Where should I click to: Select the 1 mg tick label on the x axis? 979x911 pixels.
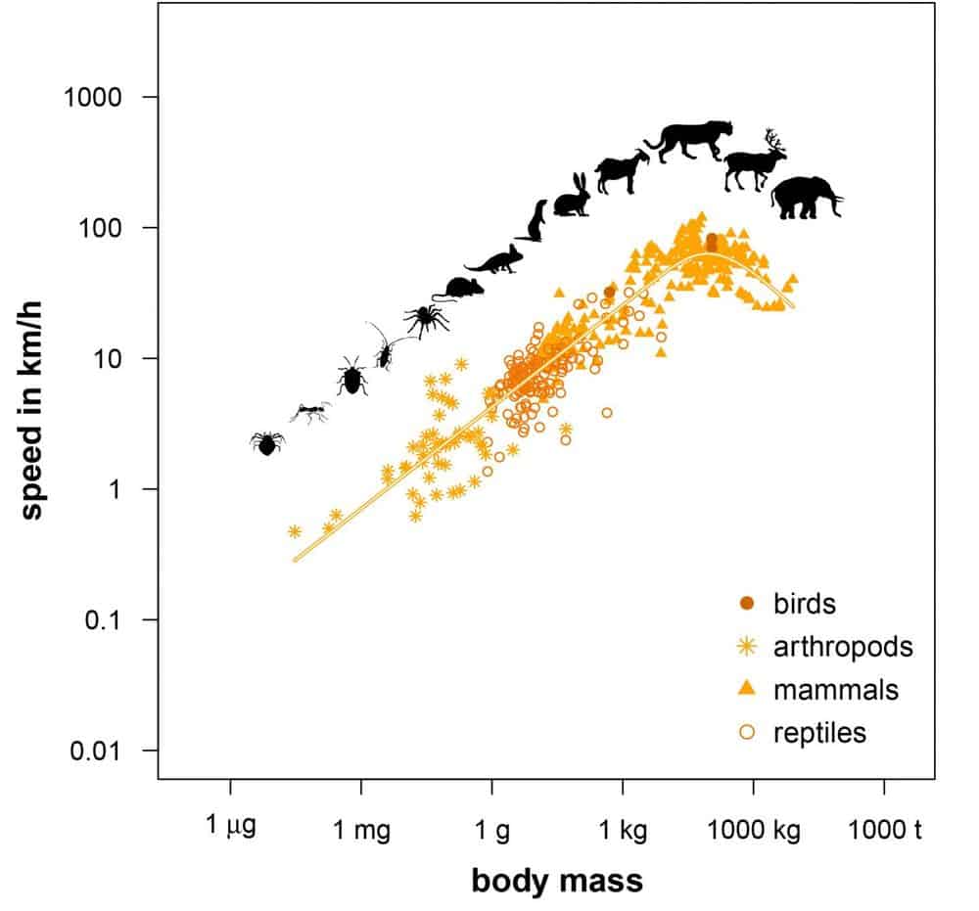click(361, 831)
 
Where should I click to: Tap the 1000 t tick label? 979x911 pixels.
click(886, 831)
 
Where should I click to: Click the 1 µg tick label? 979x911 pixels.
click(231, 827)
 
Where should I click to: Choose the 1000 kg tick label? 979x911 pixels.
click(754, 831)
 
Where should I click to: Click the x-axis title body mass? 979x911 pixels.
click(557, 881)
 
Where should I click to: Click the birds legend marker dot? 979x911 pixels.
click(747, 603)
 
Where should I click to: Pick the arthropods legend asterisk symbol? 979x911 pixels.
click(747, 646)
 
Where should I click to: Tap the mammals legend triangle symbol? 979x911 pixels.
click(747, 689)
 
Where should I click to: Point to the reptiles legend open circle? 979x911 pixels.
click(747, 732)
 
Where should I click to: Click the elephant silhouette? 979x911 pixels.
click(805, 197)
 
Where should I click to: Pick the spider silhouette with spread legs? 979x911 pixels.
click(426, 318)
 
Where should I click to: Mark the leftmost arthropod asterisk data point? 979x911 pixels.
click(295, 531)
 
